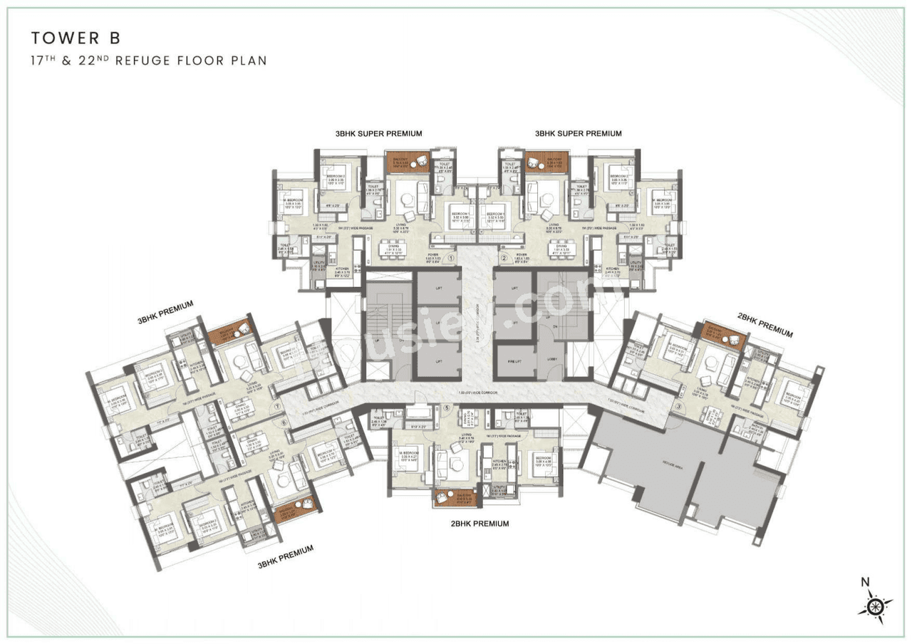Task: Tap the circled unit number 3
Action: click(x=678, y=408)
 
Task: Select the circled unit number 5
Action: click(x=447, y=407)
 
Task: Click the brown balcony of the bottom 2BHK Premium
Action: click(x=455, y=497)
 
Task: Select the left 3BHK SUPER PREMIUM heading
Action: click(x=379, y=133)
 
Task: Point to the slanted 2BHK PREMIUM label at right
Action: click(x=765, y=327)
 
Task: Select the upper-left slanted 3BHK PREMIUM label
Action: click(x=165, y=311)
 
